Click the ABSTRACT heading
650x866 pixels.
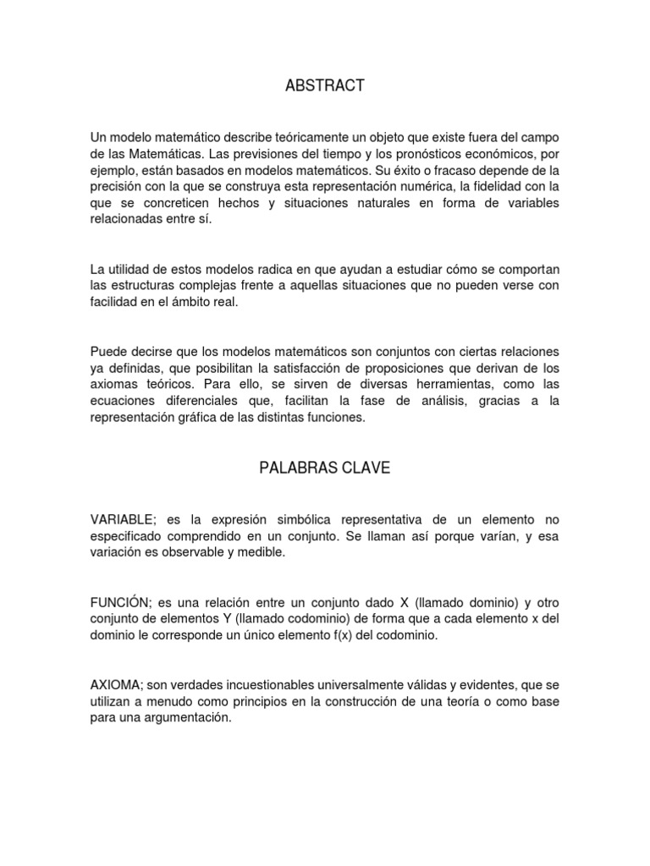tap(325, 85)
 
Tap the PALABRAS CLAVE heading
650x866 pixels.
tap(325, 469)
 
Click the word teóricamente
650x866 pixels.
tap(289, 138)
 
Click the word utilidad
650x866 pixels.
tap(129, 269)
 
